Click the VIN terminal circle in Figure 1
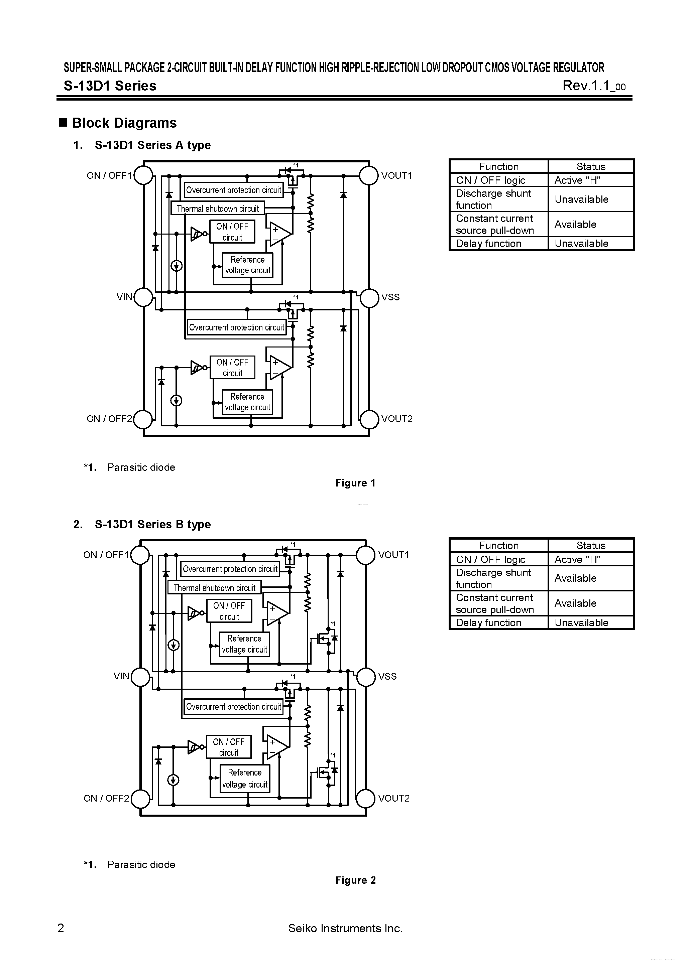coord(143,297)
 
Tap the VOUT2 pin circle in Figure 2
coord(366,798)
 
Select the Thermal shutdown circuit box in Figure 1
coord(218,208)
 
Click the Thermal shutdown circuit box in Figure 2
coord(214,588)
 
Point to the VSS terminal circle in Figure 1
coord(369,297)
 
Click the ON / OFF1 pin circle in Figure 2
coord(140,555)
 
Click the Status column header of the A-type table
coord(590,166)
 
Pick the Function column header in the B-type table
coord(498,546)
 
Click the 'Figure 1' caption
coord(355,483)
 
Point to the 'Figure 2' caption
coord(355,880)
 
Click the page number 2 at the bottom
coord(61,928)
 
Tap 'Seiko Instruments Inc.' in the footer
coord(345,928)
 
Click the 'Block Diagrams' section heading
coord(124,123)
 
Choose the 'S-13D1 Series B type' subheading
coord(152,524)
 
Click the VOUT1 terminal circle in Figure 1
coord(369,175)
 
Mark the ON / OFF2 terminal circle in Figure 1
coord(143,419)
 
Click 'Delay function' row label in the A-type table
coord(488,243)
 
